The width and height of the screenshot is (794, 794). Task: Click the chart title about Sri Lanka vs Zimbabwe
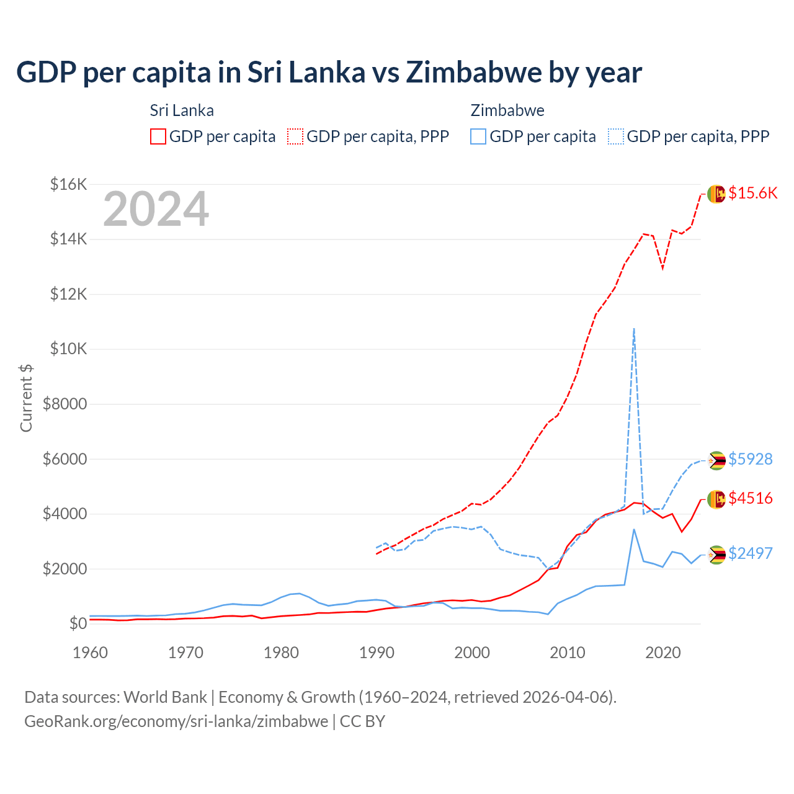click(x=329, y=73)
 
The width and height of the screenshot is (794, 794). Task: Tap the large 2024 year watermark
click(x=156, y=209)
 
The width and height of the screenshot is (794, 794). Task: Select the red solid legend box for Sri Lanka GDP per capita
click(x=158, y=136)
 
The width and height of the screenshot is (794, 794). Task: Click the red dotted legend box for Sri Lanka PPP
click(x=296, y=136)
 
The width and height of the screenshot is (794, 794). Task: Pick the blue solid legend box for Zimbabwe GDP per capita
click(x=478, y=136)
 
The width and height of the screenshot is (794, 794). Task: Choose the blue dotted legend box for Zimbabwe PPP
click(x=616, y=136)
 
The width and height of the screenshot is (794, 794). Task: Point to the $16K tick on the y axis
click(x=68, y=184)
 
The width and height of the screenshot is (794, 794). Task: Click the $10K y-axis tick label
click(x=68, y=349)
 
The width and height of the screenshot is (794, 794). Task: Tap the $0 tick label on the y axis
click(x=78, y=623)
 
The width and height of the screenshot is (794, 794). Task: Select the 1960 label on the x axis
click(x=91, y=653)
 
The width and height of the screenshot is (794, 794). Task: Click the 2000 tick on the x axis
click(x=472, y=653)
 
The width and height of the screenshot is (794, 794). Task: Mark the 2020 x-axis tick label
click(x=663, y=653)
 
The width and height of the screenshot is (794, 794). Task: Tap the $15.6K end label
click(x=752, y=193)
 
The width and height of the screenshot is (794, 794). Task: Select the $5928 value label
click(x=751, y=459)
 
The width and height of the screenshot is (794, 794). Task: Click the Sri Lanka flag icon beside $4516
click(x=716, y=499)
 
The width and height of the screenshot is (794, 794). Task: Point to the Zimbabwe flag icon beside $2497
click(x=716, y=554)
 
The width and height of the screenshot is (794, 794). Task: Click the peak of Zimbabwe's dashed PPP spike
click(x=633, y=329)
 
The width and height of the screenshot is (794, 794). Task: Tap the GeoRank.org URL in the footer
click(x=176, y=721)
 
